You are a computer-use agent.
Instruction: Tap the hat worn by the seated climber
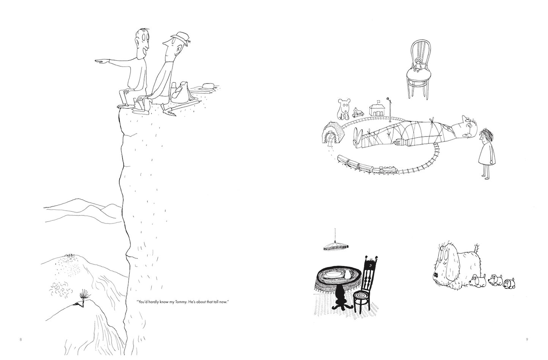[181, 38]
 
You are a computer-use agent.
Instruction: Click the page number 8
[20, 340]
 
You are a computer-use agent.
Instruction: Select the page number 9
[527, 340]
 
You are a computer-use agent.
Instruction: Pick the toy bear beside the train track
[344, 109]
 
